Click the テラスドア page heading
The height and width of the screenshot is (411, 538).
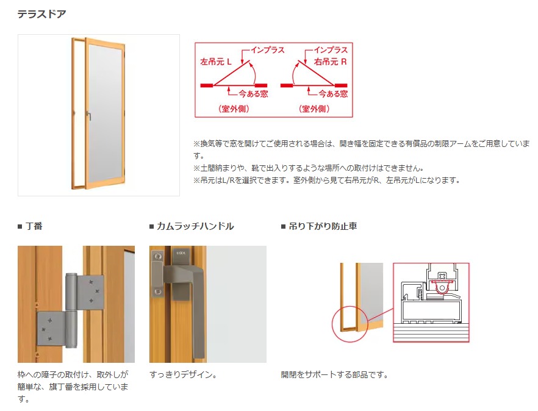pyautogui.click(x=42, y=13)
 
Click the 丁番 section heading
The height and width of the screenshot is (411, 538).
pyautogui.click(x=34, y=226)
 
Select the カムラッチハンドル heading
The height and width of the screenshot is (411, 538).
pyautogui.click(x=195, y=226)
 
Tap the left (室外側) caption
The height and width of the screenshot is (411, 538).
pyautogui.click(x=234, y=109)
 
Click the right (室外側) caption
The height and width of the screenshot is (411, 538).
pyautogui.click(x=314, y=109)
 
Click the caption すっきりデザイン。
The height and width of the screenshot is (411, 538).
pyautogui.click(x=184, y=374)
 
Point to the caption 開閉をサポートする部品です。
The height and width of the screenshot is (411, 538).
pyautogui.click(x=334, y=374)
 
